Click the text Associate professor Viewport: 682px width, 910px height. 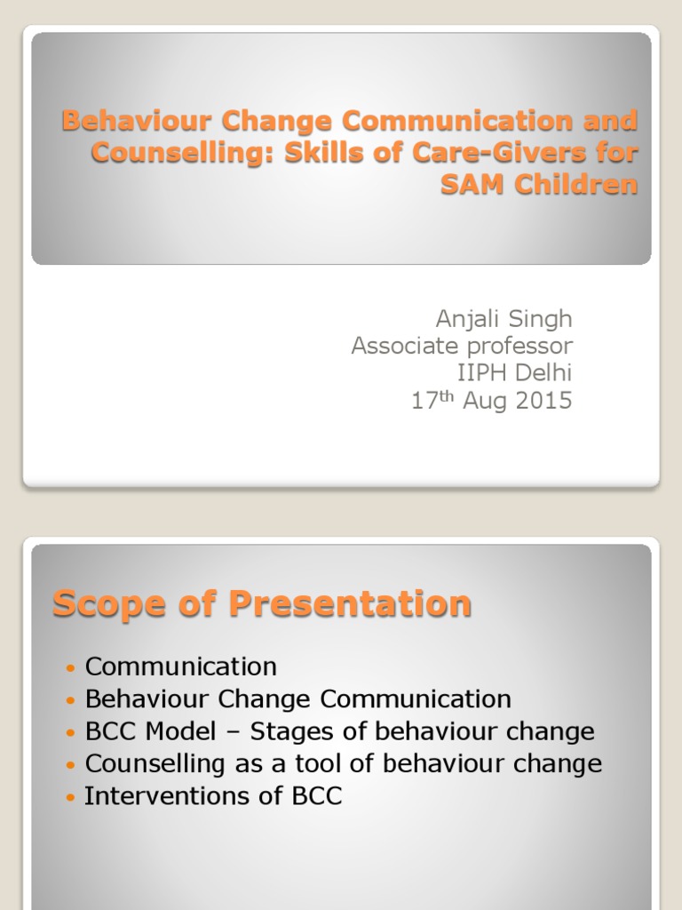coord(462,346)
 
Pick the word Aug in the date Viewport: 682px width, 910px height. coord(481,402)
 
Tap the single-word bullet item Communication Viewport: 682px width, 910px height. coord(180,667)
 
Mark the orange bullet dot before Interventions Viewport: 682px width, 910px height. coord(71,797)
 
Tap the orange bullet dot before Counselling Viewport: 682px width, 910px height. coord(71,765)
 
